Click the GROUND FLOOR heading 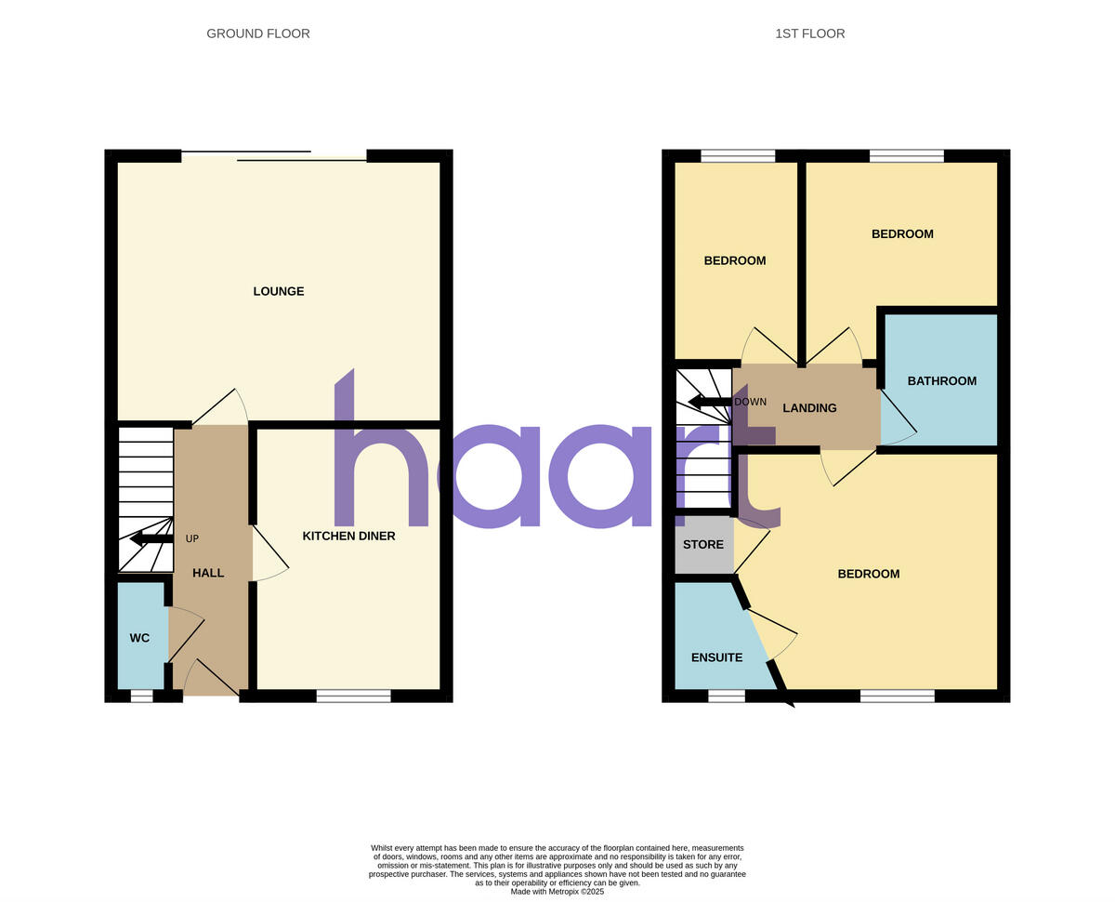tap(258, 33)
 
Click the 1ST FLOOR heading tap(809, 33)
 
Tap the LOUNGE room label tap(279, 291)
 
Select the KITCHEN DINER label tap(348, 536)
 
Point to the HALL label tap(208, 573)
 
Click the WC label tap(139, 638)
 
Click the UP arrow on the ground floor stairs tap(151, 538)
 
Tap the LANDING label tap(809, 407)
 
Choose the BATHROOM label tap(941, 380)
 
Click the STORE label tap(702, 544)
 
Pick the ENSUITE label tap(716, 657)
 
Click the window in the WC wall tap(141, 696)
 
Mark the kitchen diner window tap(353, 696)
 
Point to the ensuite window tap(726, 696)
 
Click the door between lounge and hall tap(221, 407)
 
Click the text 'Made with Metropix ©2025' tap(557, 891)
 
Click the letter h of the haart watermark tap(372, 456)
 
